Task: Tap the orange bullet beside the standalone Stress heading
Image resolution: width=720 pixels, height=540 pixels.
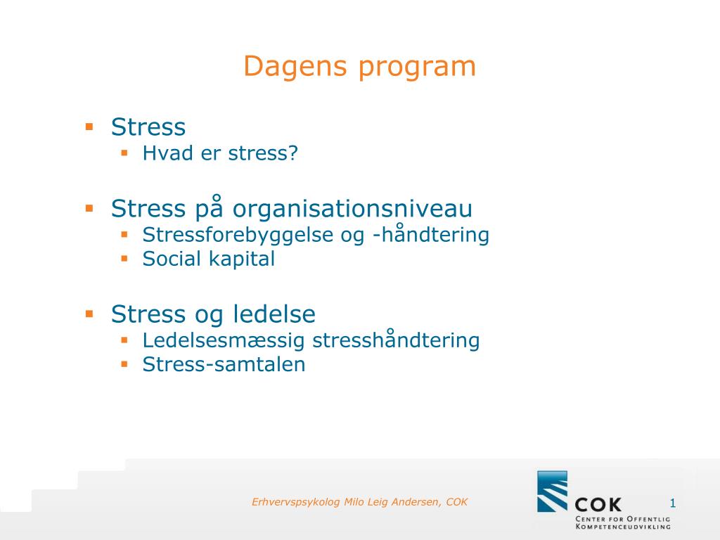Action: (89, 127)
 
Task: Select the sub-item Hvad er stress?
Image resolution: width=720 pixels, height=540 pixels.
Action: (220, 153)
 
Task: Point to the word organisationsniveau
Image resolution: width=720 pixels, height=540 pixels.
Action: (353, 209)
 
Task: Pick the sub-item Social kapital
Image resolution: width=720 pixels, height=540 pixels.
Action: (208, 259)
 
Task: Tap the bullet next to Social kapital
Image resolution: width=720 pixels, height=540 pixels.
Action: (124, 258)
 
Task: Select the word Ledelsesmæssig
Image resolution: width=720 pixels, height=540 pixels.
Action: (224, 341)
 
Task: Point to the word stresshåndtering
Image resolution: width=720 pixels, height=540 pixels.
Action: (396, 341)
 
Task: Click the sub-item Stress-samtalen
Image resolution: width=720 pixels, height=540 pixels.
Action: (224, 365)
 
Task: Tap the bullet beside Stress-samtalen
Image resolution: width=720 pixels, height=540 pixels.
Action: (124, 364)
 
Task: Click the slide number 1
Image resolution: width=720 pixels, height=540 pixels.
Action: (672, 503)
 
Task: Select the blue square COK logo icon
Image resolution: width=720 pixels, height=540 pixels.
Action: (552, 491)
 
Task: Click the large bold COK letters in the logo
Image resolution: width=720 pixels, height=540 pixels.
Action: (598, 503)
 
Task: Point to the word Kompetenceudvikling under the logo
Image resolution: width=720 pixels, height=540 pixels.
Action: (622, 526)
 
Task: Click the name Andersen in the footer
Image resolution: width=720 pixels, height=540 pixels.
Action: (421, 502)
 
